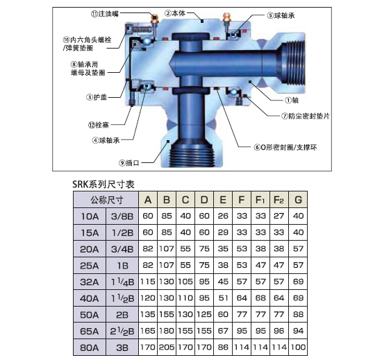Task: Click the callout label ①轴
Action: pyautogui.click(x=292, y=100)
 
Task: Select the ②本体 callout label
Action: pyautogui.click(x=174, y=13)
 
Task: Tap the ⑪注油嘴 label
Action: pyautogui.click(x=105, y=14)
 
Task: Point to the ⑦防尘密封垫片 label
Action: pyautogui.click(x=306, y=116)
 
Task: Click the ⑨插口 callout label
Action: pyautogui.click(x=129, y=163)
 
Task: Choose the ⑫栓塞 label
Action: pyautogui.click(x=99, y=125)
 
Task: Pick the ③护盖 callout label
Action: pyautogui.click(x=97, y=97)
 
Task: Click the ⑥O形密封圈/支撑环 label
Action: pyautogui.click(x=285, y=147)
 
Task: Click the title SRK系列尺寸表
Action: pyautogui.click(x=103, y=184)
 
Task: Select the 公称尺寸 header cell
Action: pyautogui.click(x=106, y=200)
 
